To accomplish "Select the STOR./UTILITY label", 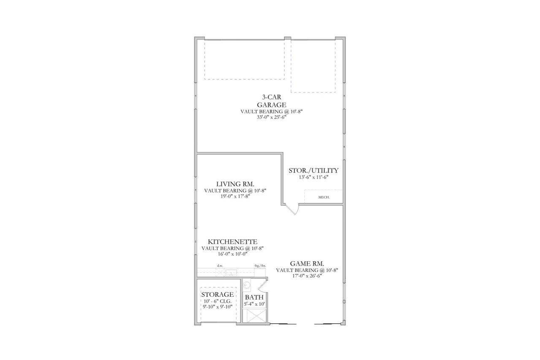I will [x=313, y=170].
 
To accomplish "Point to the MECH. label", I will [x=323, y=197].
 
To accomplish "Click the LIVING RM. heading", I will [x=235, y=184].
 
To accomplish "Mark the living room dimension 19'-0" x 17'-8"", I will [x=235, y=196].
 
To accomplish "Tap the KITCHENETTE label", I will [x=232, y=242].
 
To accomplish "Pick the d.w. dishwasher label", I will [x=220, y=266].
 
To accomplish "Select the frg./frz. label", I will [x=260, y=266].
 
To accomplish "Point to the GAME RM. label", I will [x=307, y=263].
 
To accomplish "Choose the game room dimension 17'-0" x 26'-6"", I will [x=307, y=276].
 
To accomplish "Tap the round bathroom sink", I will [x=248, y=286].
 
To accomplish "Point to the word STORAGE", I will [x=217, y=294].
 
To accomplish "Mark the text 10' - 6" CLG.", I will [x=217, y=301].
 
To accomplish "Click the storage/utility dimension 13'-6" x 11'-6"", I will [x=313, y=177].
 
